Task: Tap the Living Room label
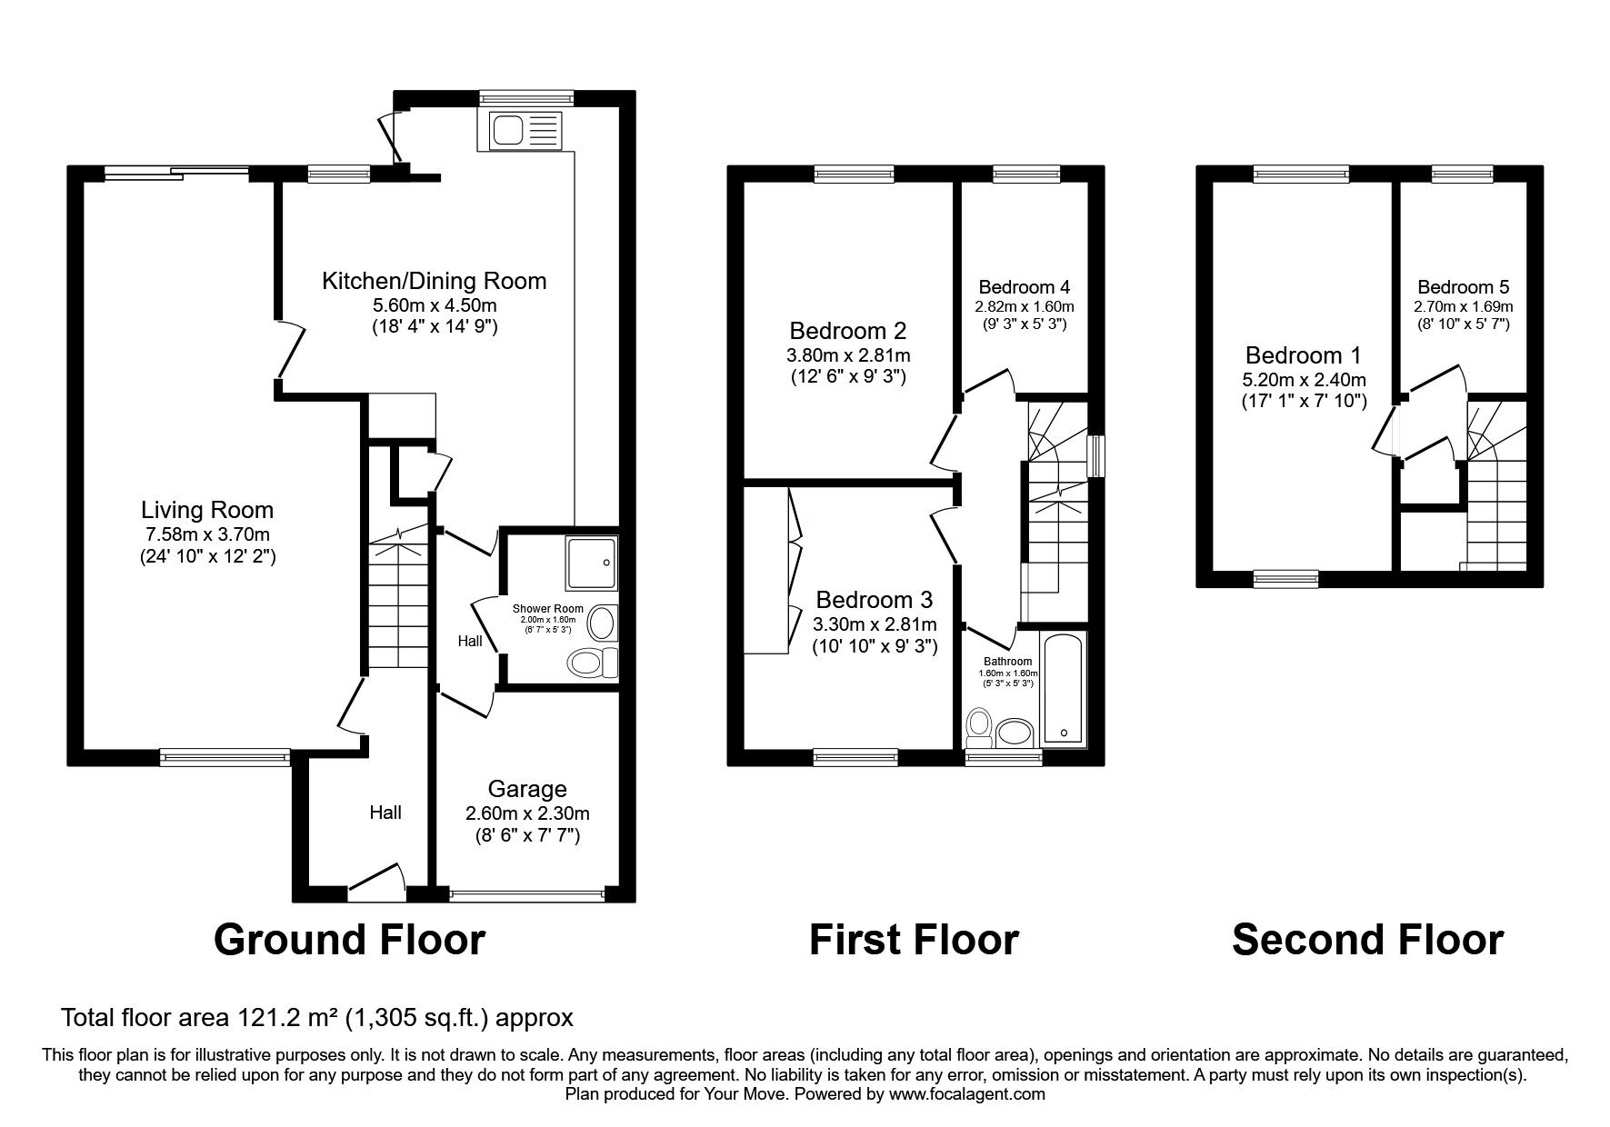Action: click(x=207, y=510)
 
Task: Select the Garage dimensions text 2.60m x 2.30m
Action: click(x=527, y=813)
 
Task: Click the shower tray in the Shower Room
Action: click(x=591, y=563)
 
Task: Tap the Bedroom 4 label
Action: click(x=1024, y=287)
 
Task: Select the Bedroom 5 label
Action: click(x=1463, y=287)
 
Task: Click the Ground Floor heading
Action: click(x=349, y=939)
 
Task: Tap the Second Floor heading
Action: click(x=1367, y=939)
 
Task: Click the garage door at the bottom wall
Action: click(x=527, y=893)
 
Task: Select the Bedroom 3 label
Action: click(x=874, y=600)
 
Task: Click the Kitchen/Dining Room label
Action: click(x=435, y=281)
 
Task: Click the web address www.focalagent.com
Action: click(x=966, y=1094)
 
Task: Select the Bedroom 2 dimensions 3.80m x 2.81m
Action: click(x=848, y=355)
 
